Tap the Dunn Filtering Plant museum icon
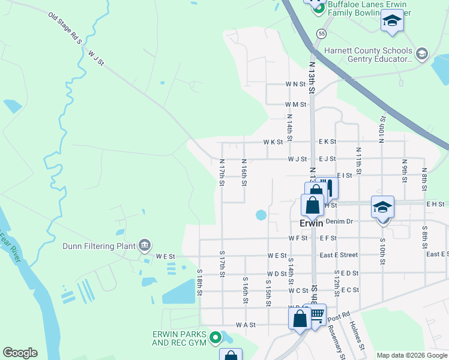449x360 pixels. click(x=144, y=245)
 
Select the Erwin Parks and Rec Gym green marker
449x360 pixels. click(x=215, y=340)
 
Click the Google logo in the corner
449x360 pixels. click(x=20, y=353)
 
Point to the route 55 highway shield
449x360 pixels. click(x=322, y=34)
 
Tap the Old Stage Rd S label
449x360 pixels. click(x=64, y=28)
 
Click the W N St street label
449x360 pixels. click(x=296, y=85)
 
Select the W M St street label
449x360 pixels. click(x=296, y=104)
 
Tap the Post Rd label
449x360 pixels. click(x=339, y=316)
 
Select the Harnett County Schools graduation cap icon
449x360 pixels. click(x=421, y=54)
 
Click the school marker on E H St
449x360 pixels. click(x=382, y=207)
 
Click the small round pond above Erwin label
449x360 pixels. click(x=261, y=214)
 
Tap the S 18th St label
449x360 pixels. click(x=200, y=282)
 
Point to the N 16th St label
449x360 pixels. click(x=244, y=172)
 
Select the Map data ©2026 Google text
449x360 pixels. click(x=412, y=355)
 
